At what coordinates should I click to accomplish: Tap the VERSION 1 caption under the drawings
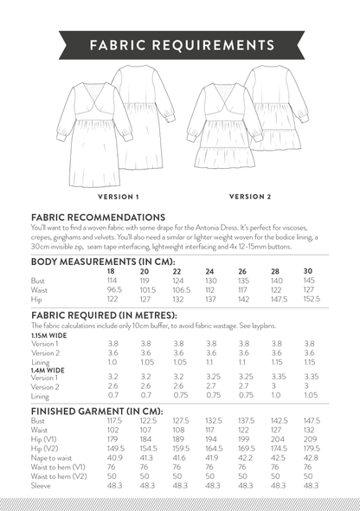(119, 197)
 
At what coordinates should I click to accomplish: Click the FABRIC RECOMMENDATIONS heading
(98, 217)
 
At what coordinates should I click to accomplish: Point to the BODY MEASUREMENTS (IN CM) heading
(103, 262)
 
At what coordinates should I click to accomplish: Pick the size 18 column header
(109, 271)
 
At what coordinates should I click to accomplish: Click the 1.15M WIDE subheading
(51, 334)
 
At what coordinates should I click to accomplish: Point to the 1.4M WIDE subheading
(49, 370)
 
